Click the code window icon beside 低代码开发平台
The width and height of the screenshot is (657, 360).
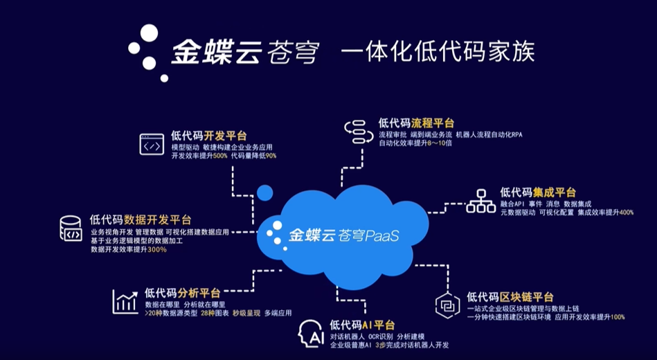pos(152,144)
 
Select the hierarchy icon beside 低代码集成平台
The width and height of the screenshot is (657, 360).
pos(480,201)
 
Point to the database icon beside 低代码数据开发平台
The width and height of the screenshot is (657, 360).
pos(71,228)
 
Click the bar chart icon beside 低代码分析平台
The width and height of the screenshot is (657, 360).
pos(125,302)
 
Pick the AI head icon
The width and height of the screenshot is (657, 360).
pos(311,334)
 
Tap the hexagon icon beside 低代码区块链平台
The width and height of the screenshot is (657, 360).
pos(447,305)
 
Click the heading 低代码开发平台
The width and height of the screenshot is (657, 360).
pos(208,136)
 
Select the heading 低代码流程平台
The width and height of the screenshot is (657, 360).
pos(416,123)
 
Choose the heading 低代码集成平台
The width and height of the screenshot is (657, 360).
pos(538,192)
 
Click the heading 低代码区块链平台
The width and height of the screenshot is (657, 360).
pos(510,297)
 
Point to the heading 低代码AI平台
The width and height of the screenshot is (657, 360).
pos(362,325)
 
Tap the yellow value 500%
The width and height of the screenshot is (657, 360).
pos(220,156)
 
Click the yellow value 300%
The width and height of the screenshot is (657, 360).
pos(159,249)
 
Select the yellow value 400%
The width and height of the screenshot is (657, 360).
pos(626,213)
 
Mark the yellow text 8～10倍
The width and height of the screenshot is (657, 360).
pos(440,143)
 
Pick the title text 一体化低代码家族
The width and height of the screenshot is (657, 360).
pos(438,53)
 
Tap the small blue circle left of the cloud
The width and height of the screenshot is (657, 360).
pos(265,192)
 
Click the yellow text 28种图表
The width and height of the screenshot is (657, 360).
pos(215,313)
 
